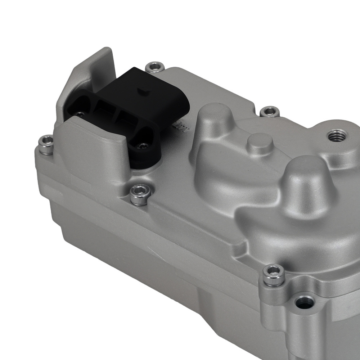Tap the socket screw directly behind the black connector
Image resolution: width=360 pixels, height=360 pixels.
click(155, 67)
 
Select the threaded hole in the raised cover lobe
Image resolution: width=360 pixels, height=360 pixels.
click(337, 136)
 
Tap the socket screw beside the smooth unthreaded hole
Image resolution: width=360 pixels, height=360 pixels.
click(274, 275)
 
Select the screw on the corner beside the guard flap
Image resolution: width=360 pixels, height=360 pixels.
click(46, 144)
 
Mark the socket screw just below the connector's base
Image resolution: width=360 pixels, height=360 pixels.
click(140, 194)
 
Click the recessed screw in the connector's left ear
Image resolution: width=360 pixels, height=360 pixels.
click(80, 114)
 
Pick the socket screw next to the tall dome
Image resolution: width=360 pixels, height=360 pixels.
click(269, 111)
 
